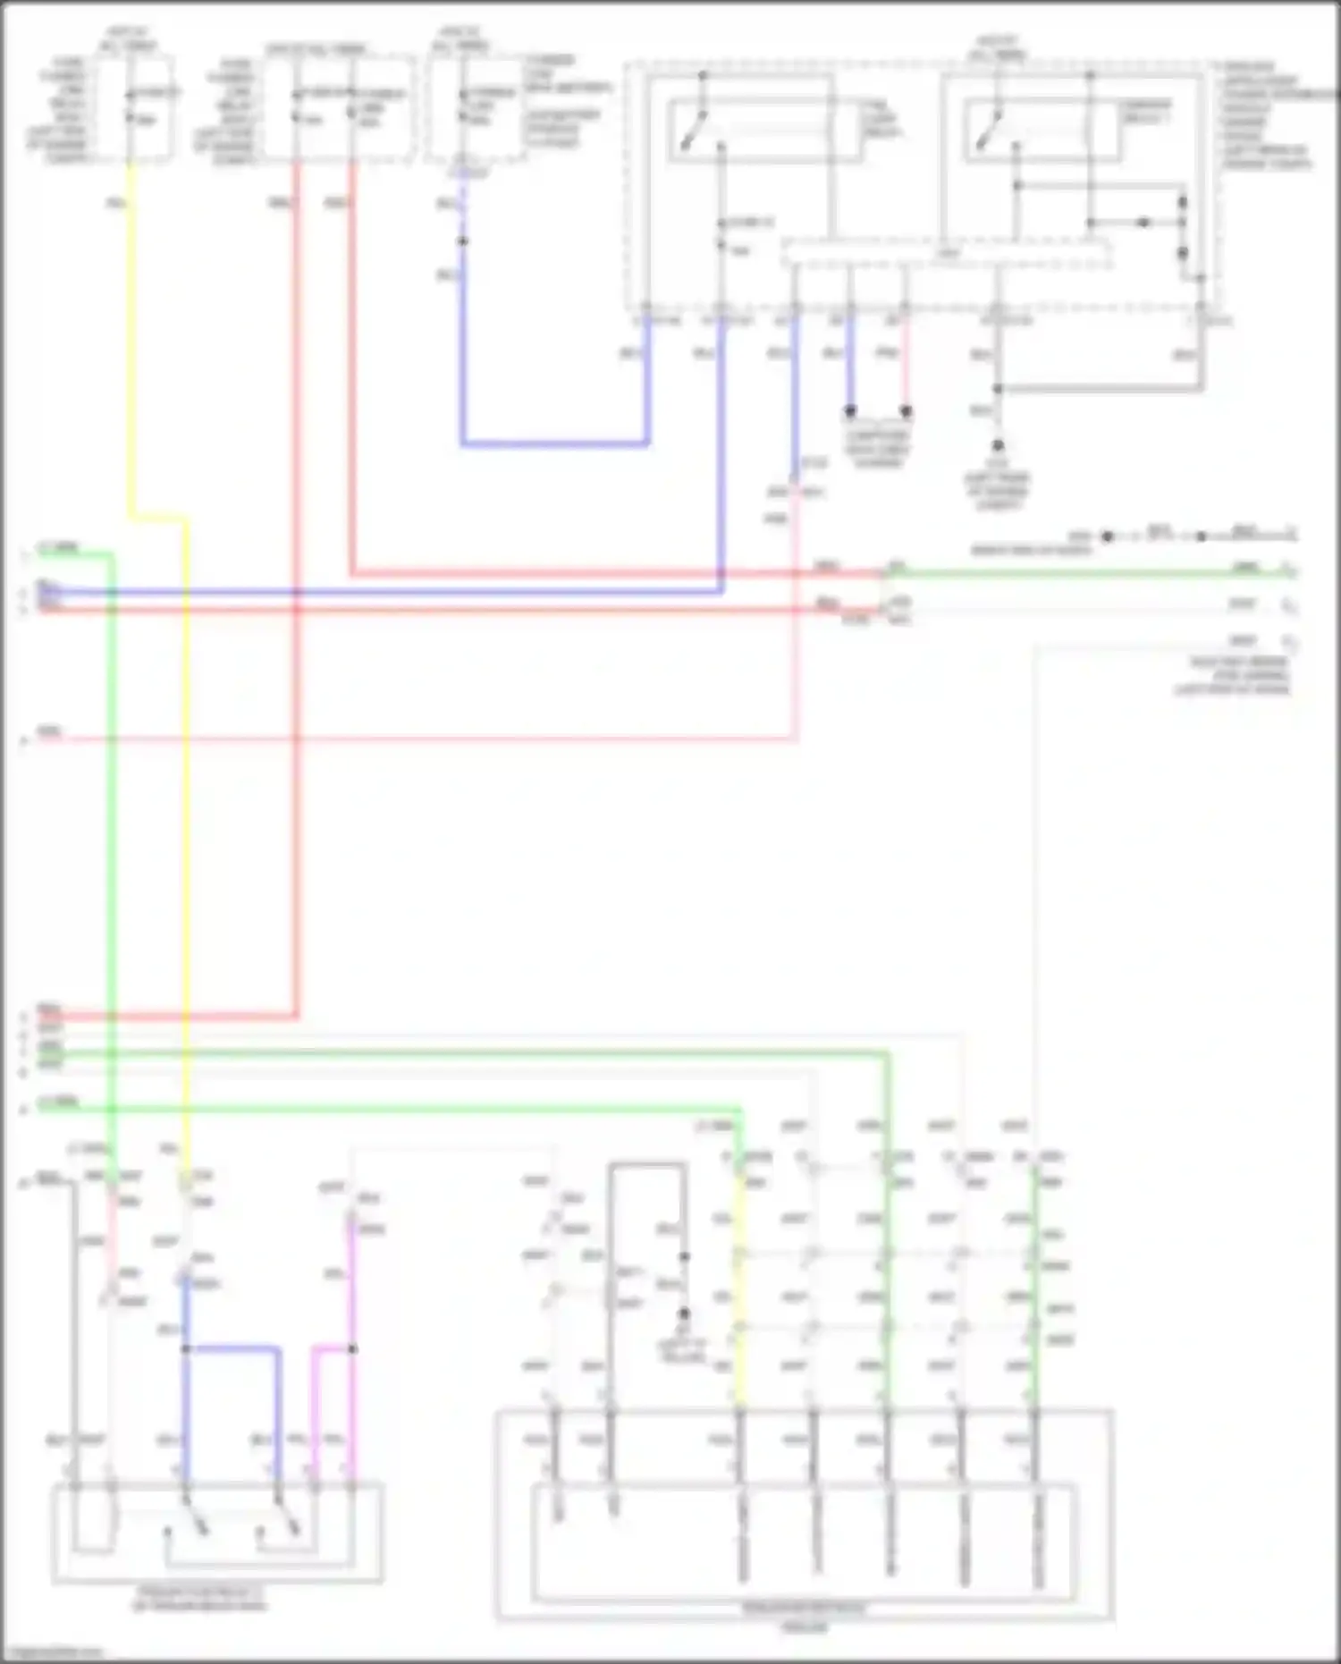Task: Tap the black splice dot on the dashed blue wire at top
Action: pos(462,241)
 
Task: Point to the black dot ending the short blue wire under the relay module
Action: pos(850,411)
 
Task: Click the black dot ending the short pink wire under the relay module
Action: pos(906,411)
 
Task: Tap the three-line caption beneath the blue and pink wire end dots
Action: pos(877,449)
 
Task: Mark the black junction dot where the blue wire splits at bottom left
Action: pos(186,1348)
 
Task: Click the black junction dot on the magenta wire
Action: pos(352,1348)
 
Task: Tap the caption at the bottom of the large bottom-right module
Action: pos(805,1617)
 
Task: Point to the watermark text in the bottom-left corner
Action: pos(52,1652)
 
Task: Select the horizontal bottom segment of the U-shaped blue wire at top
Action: pos(554,443)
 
